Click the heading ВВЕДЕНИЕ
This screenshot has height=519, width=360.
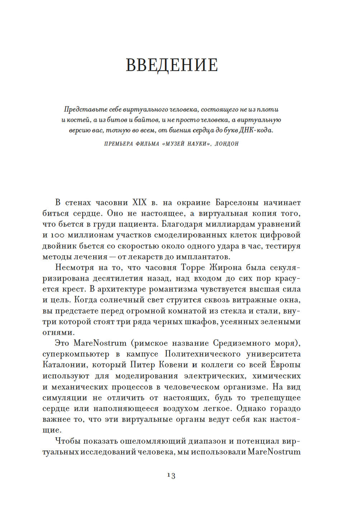172,65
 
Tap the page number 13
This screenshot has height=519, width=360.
171,475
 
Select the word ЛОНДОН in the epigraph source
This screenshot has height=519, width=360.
227,144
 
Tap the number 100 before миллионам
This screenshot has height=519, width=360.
58,235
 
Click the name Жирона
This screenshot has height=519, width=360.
225,268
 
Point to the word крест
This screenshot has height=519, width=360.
74,289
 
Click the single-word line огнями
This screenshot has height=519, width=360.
58,332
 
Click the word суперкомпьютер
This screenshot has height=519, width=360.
76,354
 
